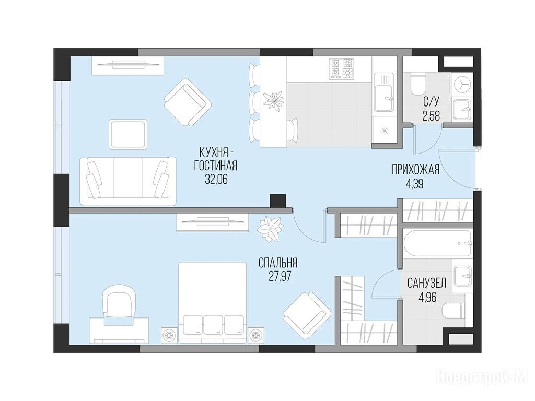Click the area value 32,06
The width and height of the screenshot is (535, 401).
216,179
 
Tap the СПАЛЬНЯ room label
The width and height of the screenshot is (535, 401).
278,263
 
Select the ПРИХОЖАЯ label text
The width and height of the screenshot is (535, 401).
415,170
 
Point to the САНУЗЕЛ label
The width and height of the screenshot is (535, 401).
427,282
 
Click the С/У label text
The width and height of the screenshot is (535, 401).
431,101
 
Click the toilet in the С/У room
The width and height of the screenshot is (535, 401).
417,84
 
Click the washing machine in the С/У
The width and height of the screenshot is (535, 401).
462,86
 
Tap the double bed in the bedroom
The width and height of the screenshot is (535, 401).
212,302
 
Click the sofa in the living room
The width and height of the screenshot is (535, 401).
128,181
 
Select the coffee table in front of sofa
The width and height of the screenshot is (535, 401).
129,134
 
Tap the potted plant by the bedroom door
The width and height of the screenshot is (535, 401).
270,229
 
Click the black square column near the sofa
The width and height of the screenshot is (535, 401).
277,200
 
